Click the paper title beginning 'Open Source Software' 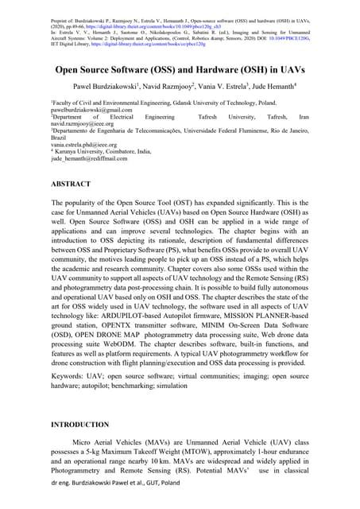coord(180,69)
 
